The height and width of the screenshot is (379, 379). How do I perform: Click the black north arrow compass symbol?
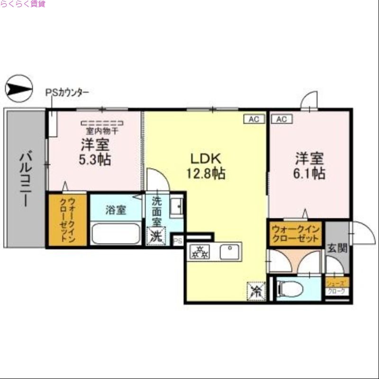18,89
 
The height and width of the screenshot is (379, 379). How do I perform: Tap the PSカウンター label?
67,93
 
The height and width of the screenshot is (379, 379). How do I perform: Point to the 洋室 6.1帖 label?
310,165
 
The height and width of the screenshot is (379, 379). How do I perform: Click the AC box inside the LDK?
254,119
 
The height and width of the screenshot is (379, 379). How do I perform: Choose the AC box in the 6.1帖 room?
281,119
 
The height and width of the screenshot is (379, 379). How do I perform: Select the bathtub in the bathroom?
116,234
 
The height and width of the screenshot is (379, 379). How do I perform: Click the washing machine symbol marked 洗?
155,236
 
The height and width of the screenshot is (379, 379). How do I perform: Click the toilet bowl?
290,288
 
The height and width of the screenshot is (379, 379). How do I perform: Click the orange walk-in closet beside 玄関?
296,234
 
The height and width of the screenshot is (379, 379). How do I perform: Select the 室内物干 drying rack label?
102,129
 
